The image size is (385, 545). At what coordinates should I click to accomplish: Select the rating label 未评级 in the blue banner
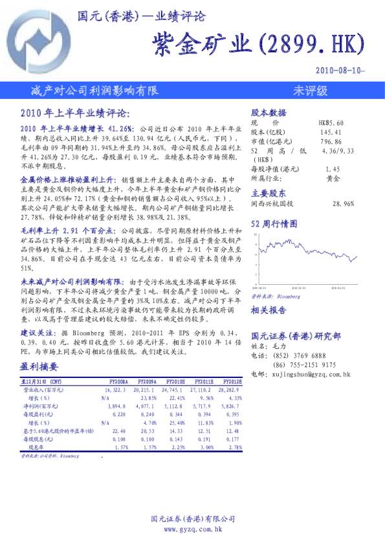tap(310, 89)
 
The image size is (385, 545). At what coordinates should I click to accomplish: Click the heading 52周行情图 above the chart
tap(274, 224)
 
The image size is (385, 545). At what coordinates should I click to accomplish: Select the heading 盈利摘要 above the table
tap(39, 367)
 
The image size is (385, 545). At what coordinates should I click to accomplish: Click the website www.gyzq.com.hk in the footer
tap(193, 529)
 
